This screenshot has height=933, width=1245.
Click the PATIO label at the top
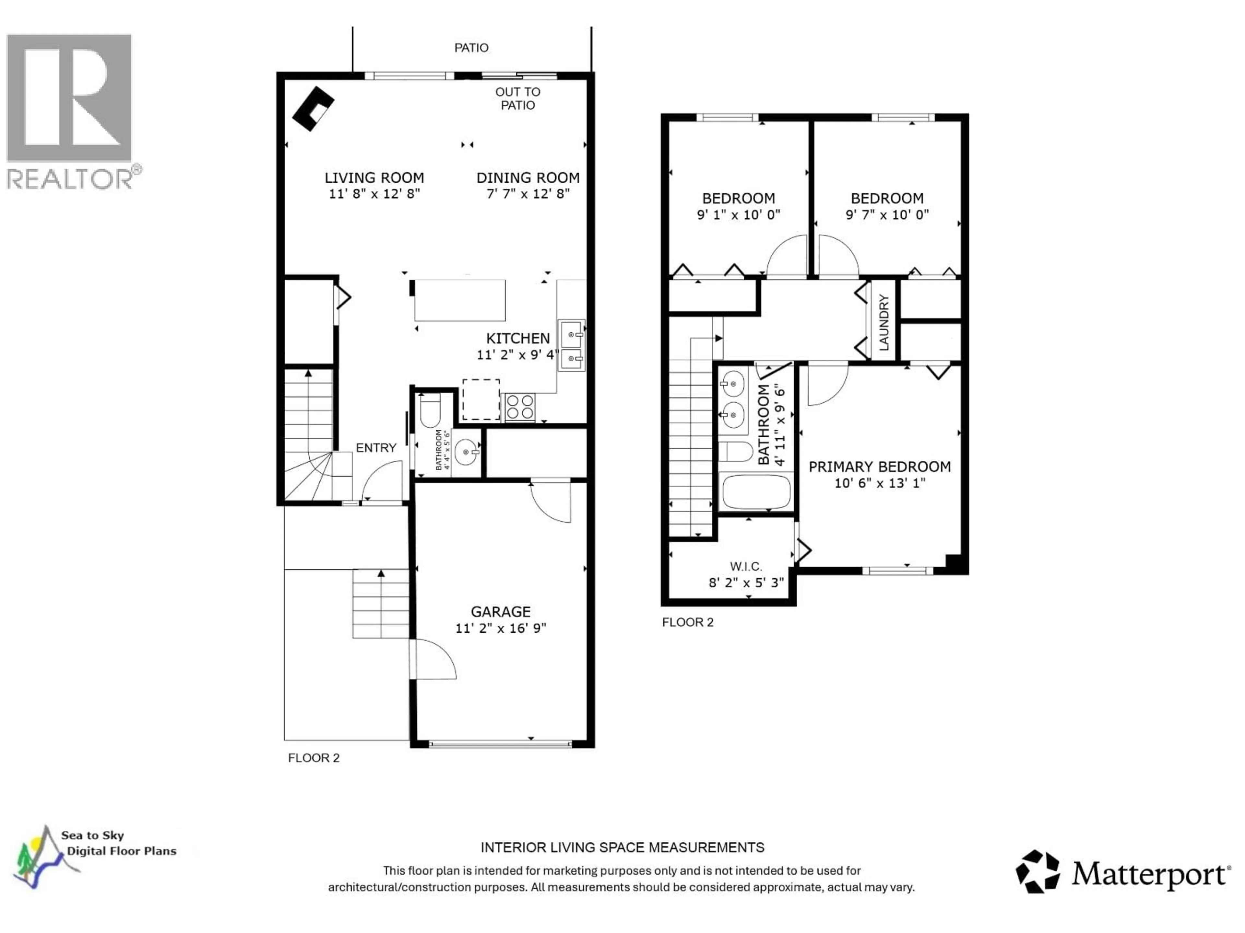pos(471,48)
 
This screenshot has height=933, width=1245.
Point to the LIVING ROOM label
pos(374,178)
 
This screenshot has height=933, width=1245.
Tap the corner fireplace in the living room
pos(313,109)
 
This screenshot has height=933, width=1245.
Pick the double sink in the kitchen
pos(571,345)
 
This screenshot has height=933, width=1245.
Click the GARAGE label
pos(500,612)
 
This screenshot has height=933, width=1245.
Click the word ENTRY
pos(376,448)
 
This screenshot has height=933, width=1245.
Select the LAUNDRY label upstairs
pos(883,322)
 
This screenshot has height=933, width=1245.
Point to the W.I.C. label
pos(746,566)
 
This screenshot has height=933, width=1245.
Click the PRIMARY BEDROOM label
pos(880,467)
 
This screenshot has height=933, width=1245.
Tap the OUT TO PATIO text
pos(518,98)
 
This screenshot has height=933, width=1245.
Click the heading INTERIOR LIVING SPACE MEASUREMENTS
pos(622,847)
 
